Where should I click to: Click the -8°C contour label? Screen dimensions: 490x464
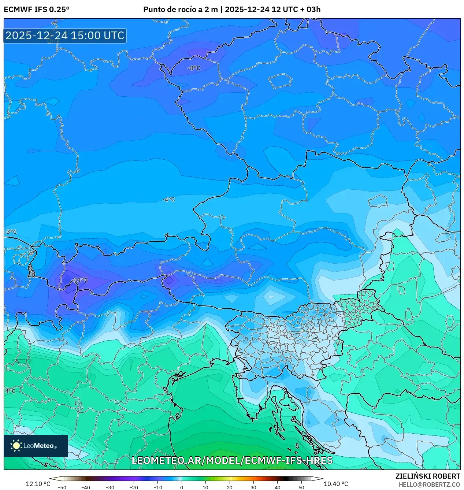click(x=194, y=68)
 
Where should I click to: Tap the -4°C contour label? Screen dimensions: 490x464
click(x=168, y=200)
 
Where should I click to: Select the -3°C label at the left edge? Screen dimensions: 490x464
click(x=11, y=232)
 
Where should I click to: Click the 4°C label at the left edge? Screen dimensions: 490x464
click(x=10, y=391)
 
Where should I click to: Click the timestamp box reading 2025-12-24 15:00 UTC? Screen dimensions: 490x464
click(x=65, y=36)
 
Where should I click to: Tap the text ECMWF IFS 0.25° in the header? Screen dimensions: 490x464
click(x=37, y=10)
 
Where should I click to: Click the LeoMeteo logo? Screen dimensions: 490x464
click(x=36, y=446)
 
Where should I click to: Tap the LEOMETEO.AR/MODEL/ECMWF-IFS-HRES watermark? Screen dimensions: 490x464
click(x=232, y=460)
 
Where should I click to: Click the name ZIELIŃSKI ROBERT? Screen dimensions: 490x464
click(x=427, y=476)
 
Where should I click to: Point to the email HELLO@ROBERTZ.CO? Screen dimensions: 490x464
click(x=429, y=485)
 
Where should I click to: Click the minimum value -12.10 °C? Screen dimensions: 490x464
click(x=37, y=484)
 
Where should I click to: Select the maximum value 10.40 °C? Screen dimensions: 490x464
click(x=336, y=484)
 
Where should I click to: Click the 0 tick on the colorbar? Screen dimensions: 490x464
click(x=182, y=487)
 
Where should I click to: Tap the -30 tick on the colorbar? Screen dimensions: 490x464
click(x=110, y=487)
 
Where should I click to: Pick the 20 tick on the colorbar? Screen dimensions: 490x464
click(x=229, y=487)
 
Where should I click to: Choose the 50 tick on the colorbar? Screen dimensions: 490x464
click(x=301, y=487)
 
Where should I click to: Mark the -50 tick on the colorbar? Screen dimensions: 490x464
click(x=62, y=487)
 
